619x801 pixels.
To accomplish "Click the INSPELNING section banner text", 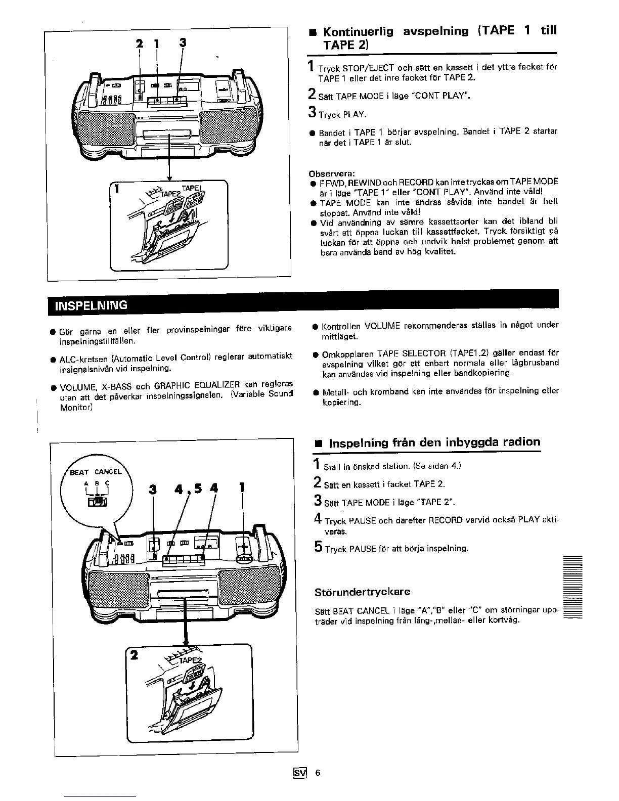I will (91, 305).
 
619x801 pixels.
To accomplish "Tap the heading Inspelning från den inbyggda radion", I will (434, 443).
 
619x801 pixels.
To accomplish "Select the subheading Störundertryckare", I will (362, 592).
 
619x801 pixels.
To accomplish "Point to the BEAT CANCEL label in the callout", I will (96, 472).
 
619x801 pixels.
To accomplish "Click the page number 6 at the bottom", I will (318, 773).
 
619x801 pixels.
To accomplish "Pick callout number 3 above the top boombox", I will (183, 43).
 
